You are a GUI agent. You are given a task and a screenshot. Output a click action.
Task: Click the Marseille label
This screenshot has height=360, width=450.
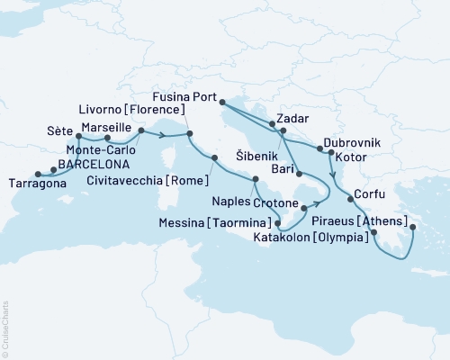point(106,129)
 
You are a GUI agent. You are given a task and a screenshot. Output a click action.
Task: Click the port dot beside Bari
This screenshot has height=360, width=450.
point(296,173)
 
